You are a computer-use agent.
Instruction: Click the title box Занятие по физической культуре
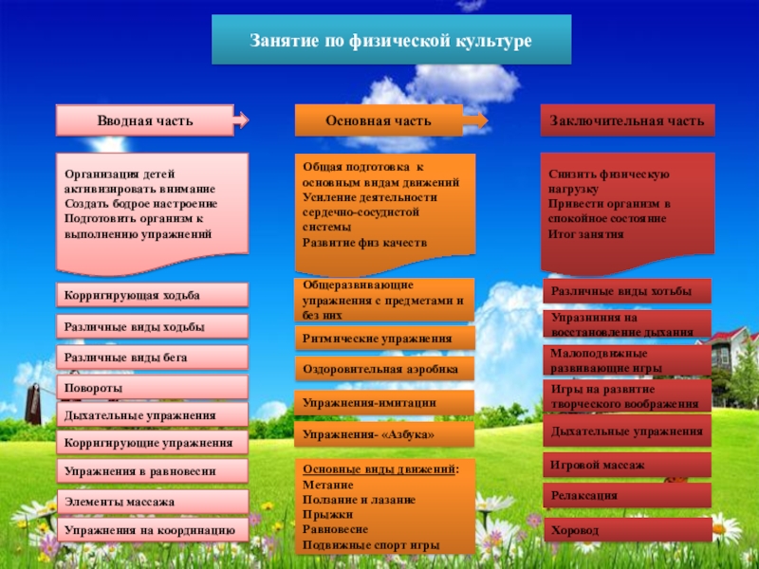(x=391, y=40)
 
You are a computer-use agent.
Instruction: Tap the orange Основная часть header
(x=379, y=121)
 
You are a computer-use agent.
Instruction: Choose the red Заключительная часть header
(x=627, y=121)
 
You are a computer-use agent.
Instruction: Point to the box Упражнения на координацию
(x=153, y=529)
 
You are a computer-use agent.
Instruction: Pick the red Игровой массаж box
(x=627, y=465)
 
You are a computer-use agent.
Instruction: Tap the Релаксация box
(x=627, y=495)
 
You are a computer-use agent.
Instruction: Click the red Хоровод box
(x=627, y=529)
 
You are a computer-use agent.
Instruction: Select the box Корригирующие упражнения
(x=153, y=443)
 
